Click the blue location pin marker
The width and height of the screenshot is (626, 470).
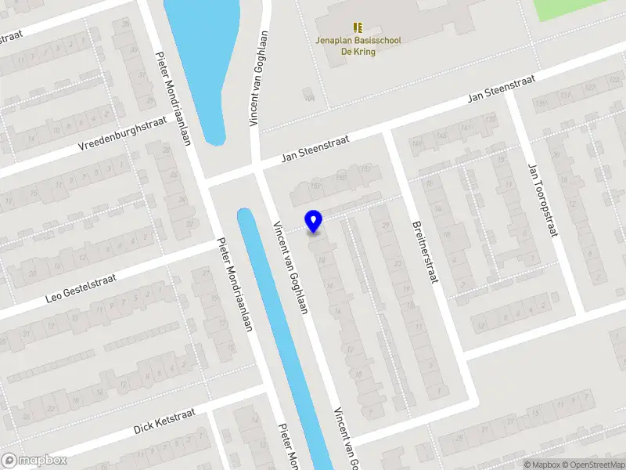click(314, 221)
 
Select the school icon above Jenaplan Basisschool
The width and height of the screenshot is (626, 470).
click(358, 27)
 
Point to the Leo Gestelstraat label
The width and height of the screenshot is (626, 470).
click(81, 287)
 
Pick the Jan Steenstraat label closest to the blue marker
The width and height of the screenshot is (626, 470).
click(315, 149)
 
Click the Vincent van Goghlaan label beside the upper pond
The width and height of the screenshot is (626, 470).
click(259, 78)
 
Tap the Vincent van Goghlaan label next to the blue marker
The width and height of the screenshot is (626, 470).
click(290, 267)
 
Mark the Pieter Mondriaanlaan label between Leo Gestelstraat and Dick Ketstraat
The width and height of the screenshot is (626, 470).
click(235, 284)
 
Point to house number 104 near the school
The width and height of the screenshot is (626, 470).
click(309, 97)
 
